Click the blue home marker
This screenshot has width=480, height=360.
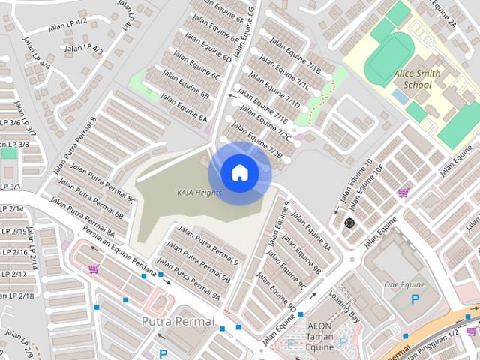pos(239,172)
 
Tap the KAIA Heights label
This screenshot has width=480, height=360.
pos(199,193)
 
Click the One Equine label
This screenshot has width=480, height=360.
pos(403,284)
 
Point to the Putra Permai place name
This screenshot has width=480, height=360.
pos(178,321)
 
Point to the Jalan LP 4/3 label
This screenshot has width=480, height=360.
pos(83,49)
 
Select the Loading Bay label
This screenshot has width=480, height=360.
pos(346,307)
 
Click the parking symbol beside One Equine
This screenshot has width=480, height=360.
pos(415,299)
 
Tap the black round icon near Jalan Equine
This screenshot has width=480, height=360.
pos(349,223)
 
